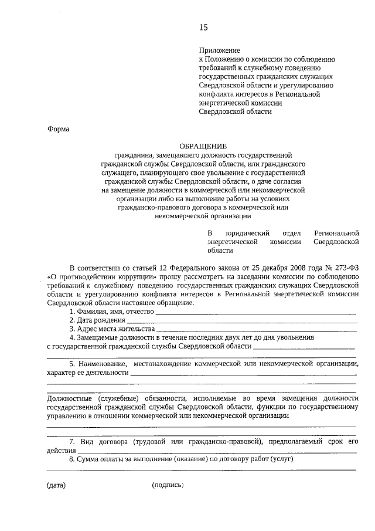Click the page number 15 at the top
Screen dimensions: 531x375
[203, 28]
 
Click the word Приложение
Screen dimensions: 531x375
[220, 51]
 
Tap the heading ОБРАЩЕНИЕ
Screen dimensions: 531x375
[203, 146]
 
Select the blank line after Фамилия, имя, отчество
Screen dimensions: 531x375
[255, 313]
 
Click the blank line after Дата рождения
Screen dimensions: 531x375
[241, 322]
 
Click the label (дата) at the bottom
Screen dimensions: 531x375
[56, 486]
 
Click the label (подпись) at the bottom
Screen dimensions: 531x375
[168, 486]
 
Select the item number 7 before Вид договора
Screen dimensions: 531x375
[71, 441]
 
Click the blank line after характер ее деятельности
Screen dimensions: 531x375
[243, 374]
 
